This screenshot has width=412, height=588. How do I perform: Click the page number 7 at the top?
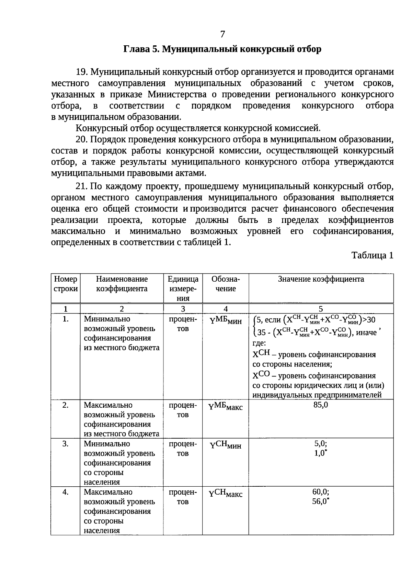click(x=222, y=34)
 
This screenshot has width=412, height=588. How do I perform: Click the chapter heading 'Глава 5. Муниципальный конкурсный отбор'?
click(x=222, y=49)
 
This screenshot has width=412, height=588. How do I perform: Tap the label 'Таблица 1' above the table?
click(x=372, y=255)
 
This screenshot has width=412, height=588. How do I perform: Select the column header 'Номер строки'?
click(x=66, y=284)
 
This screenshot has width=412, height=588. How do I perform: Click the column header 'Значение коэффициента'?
click(x=321, y=279)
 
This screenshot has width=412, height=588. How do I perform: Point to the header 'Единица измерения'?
click(x=183, y=289)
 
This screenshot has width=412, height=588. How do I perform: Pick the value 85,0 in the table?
click(x=321, y=405)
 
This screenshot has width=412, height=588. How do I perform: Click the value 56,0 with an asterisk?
click(x=321, y=501)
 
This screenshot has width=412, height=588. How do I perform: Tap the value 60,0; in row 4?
click(x=321, y=492)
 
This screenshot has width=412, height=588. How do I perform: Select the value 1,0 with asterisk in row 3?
click(x=321, y=453)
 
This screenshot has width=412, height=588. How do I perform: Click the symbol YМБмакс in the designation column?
click(x=225, y=407)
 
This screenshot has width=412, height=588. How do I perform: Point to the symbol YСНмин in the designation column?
click(x=225, y=446)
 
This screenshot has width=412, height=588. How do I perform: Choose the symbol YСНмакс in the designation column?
click(x=225, y=494)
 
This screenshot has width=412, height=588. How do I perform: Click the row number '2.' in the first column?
click(x=66, y=405)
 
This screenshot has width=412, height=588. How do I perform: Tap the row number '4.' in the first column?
click(x=66, y=492)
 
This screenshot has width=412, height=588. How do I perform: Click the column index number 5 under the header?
click(x=321, y=308)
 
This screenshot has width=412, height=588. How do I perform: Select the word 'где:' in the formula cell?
click(x=259, y=343)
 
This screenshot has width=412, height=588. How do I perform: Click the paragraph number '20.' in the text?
click(x=82, y=140)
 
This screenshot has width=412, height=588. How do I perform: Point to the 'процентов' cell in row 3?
click(x=183, y=449)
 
